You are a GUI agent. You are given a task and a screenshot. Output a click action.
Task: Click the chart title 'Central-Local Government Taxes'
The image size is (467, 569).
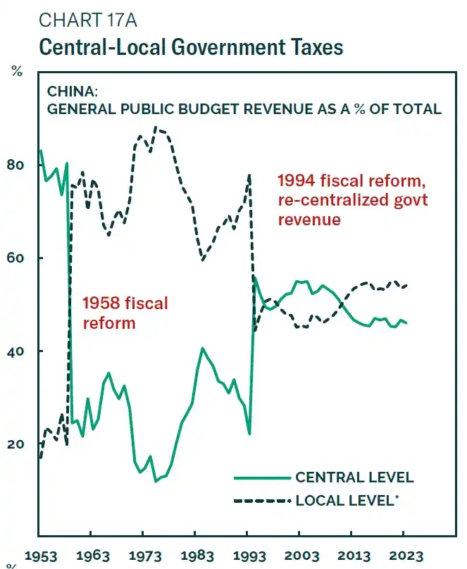pyautogui.click(x=190, y=47)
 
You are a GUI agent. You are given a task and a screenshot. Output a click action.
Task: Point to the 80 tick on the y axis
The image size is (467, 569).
pyautogui.click(x=15, y=165)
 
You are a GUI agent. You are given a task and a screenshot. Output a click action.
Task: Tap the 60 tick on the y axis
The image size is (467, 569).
pyautogui.click(x=15, y=258)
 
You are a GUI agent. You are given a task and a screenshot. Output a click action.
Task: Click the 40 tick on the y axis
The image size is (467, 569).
pyautogui.click(x=15, y=351)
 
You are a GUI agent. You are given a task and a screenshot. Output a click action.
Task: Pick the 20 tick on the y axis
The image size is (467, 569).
pyautogui.click(x=15, y=444)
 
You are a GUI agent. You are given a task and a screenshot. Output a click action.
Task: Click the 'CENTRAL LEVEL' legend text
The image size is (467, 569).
pyautogui.click(x=354, y=477)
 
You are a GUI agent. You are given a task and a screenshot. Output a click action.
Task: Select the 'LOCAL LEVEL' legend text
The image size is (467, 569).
pyautogui.click(x=347, y=500)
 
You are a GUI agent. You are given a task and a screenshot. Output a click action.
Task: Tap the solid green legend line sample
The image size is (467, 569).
pyautogui.click(x=263, y=477)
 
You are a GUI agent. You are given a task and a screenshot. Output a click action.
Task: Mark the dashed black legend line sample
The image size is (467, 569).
pyautogui.click(x=263, y=500)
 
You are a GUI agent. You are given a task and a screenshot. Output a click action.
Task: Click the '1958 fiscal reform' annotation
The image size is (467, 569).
pyautogui.click(x=125, y=313)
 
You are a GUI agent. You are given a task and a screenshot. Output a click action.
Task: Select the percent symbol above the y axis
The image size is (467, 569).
pyautogui.click(x=15, y=71)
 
